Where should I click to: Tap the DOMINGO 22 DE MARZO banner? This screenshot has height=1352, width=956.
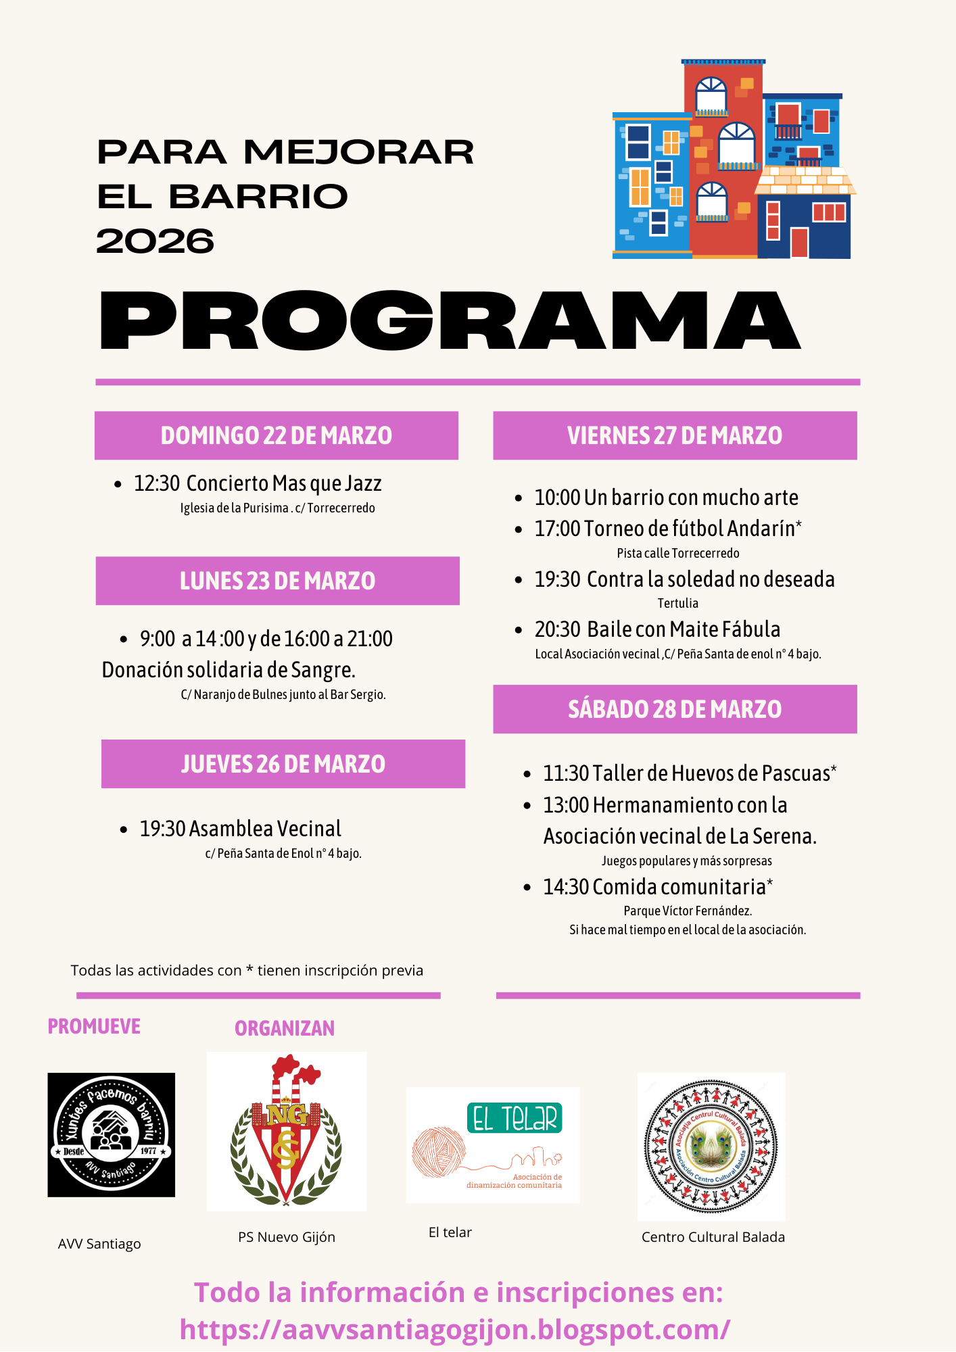point(276,436)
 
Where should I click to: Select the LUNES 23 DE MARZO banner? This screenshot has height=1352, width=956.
point(277,581)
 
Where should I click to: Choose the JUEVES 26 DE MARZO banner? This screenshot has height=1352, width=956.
point(283,765)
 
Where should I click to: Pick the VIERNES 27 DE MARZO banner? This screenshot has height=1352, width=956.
point(675,436)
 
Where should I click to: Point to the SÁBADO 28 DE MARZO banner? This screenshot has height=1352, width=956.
point(675,710)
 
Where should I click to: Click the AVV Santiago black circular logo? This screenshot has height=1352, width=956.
point(111,1135)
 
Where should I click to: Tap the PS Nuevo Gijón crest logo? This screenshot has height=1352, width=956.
point(287,1131)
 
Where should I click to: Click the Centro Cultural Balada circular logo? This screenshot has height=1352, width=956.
point(711,1146)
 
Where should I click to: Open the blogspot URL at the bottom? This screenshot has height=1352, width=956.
point(454,1330)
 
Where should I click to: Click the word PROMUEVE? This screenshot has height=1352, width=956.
point(94,1027)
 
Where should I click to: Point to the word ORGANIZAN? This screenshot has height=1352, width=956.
point(285,1029)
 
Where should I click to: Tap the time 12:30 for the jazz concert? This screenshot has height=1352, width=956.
point(156,484)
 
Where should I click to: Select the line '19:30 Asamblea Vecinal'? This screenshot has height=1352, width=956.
point(240,829)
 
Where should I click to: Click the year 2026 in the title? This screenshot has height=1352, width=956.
point(155,241)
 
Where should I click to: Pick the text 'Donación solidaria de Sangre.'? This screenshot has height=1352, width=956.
point(229,670)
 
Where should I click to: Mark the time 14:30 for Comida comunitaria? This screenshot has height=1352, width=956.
point(566,887)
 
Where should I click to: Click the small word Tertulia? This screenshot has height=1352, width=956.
point(677,603)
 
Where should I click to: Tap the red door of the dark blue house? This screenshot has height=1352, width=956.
point(799,243)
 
